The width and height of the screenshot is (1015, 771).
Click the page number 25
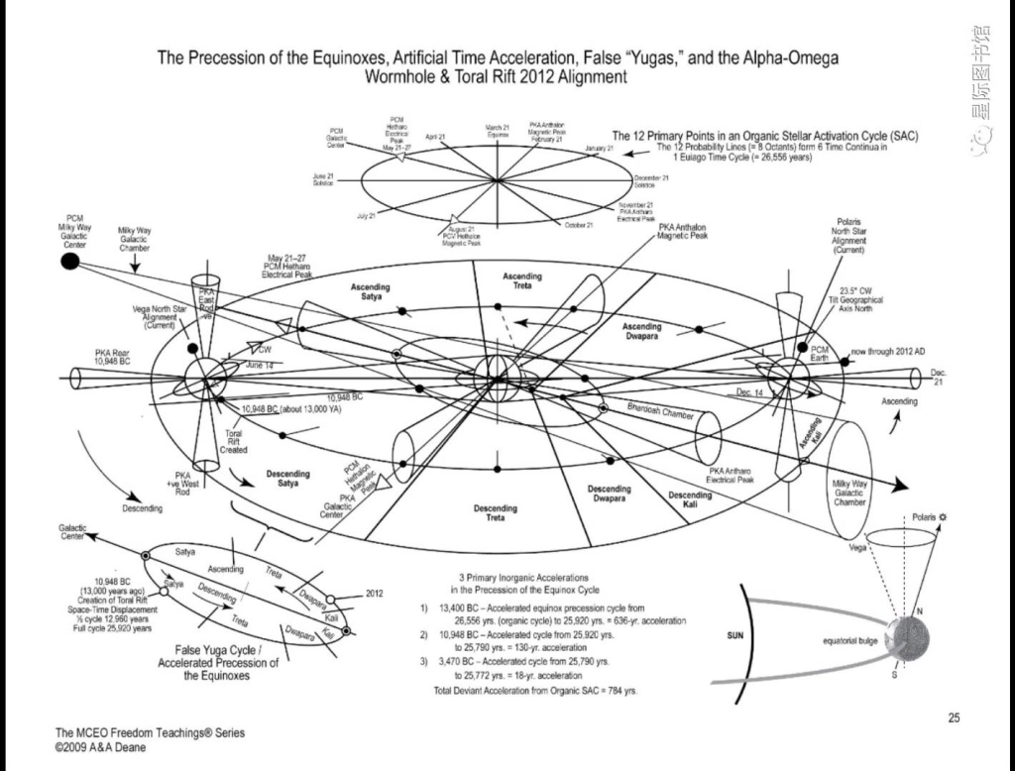click(x=953, y=717)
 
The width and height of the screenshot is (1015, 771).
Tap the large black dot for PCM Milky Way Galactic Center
click(x=69, y=262)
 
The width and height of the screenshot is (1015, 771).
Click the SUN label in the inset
click(x=734, y=634)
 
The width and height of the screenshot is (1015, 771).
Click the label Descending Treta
click(x=495, y=512)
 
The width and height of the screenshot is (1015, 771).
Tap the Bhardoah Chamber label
click(x=659, y=412)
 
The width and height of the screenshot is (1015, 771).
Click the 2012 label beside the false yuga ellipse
click(x=374, y=593)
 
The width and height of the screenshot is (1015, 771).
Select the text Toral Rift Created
click(x=234, y=441)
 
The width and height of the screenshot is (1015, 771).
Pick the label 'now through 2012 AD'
click(x=888, y=351)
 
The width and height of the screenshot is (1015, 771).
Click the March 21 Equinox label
click(x=497, y=130)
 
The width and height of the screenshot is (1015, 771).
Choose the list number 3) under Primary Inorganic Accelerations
click(x=423, y=660)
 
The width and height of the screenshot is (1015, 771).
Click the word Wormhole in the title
click(x=405, y=76)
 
